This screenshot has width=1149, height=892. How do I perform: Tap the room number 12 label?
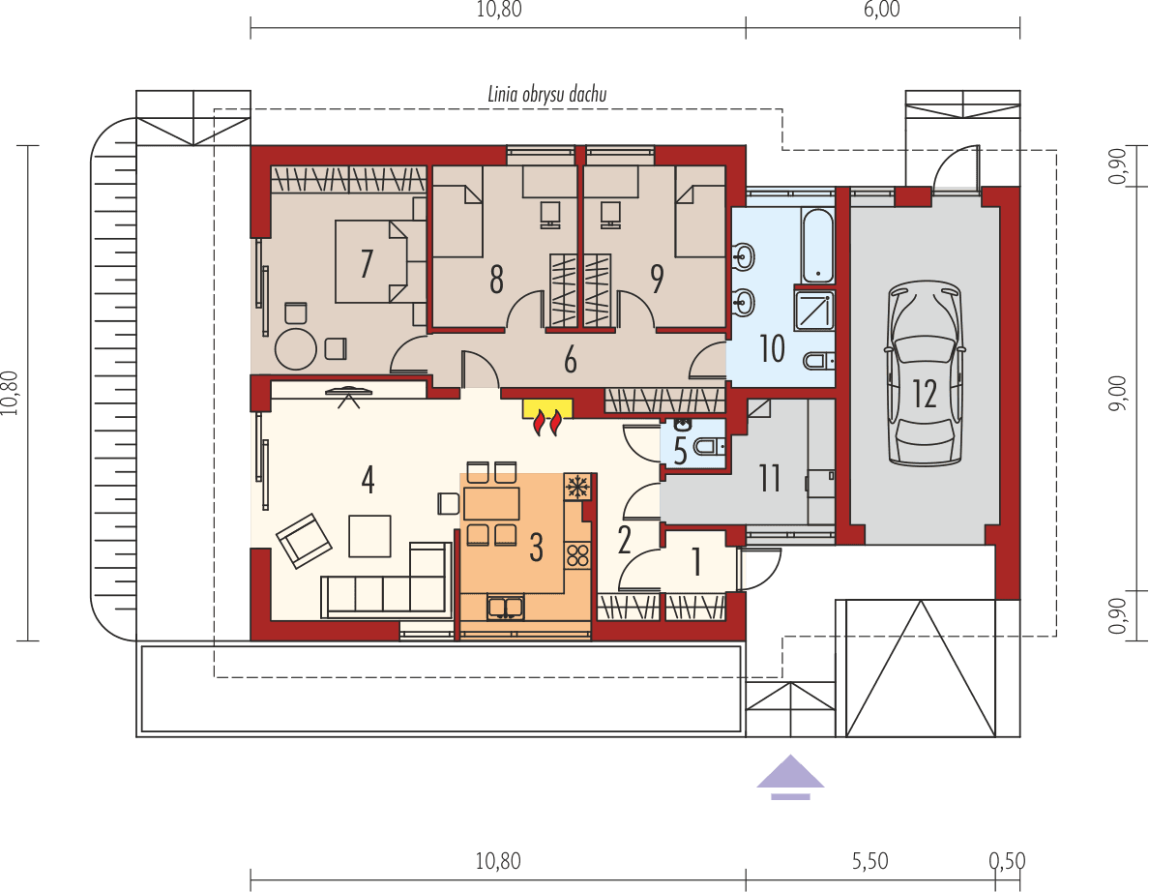pyautogui.click(x=925, y=394)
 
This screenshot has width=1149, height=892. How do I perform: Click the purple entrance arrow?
pyautogui.click(x=791, y=776)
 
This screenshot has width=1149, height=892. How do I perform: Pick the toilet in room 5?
pyautogui.click(x=711, y=448)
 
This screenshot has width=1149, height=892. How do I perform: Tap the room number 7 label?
pyautogui.click(x=367, y=263)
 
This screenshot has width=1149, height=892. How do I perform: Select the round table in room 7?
pyautogui.click(x=294, y=349)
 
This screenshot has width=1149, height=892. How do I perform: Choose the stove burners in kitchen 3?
pyautogui.click(x=577, y=555)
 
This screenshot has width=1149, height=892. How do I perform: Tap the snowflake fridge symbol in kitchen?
pyautogui.click(x=577, y=486)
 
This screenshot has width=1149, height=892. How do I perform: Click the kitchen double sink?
pyautogui.click(x=506, y=608)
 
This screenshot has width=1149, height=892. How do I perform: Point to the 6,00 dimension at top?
pyautogui.click(x=882, y=11)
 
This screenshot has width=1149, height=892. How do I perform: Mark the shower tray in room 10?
pyautogui.click(x=814, y=310)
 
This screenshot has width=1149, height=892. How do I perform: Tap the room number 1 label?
pyautogui.click(x=696, y=560)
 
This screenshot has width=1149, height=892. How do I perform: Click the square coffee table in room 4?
pyautogui.click(x=370, y=536)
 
